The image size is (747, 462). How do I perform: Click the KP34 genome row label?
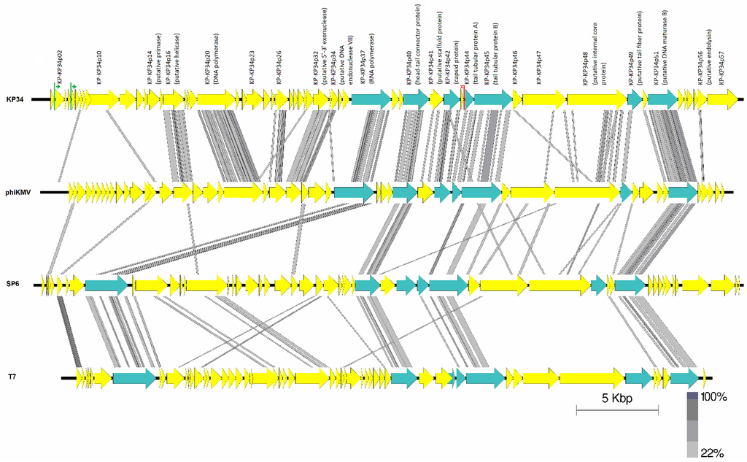(x=15, y=99)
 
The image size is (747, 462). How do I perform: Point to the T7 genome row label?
(x=12, y=377)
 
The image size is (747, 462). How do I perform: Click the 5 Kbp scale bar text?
(x=616, y=400)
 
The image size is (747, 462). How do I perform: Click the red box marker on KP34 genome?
(x=462, y=99)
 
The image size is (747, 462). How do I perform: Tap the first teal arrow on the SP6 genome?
(x=106, y=285)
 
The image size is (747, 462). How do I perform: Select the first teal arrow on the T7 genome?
(x=133, y=377)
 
